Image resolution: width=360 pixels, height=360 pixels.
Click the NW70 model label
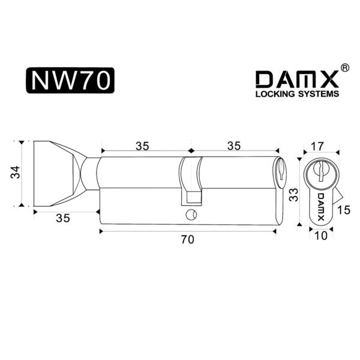pyautogui.click(x=70, y=80)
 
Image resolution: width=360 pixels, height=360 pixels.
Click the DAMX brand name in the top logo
pyautogui.click(x=298, y=79)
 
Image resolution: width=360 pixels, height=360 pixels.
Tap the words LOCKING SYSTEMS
pyautogui.click(x=298, y=94)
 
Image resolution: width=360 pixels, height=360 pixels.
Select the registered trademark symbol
pyautogui.click(x=344, y=68)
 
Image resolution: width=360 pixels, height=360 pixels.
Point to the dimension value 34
pyautogui.click(x=16, y=172)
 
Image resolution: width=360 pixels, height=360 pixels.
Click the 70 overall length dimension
pyautogui.click(x=188, y=239)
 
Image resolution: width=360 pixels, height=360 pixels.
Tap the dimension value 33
pyautogui.click(x=293, y=195)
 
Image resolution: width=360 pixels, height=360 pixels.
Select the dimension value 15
pyautogui.click(x=344, y=210)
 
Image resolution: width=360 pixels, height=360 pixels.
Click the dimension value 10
pyautogui.click(x=320, y=236)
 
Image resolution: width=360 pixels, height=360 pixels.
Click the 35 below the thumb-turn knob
pyautogui.click(x=63, y=218)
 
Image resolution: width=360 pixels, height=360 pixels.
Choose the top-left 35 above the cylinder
pyautogui.click(x=142, y=146)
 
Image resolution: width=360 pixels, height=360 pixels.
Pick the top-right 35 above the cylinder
pyautogui.click(x=234, y=146)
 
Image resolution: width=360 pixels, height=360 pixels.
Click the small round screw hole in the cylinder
pyautogui.click(x=191, y=214)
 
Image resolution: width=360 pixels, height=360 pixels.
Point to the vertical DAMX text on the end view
pyautogui.click(x=321, y=207)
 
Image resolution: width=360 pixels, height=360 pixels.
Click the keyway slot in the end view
pyautogui.click(x=321, y=172)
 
